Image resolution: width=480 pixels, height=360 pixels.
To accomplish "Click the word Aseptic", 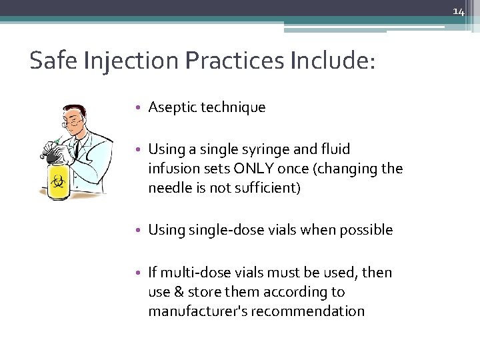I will pyautogui.click(x=170, y=107).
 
